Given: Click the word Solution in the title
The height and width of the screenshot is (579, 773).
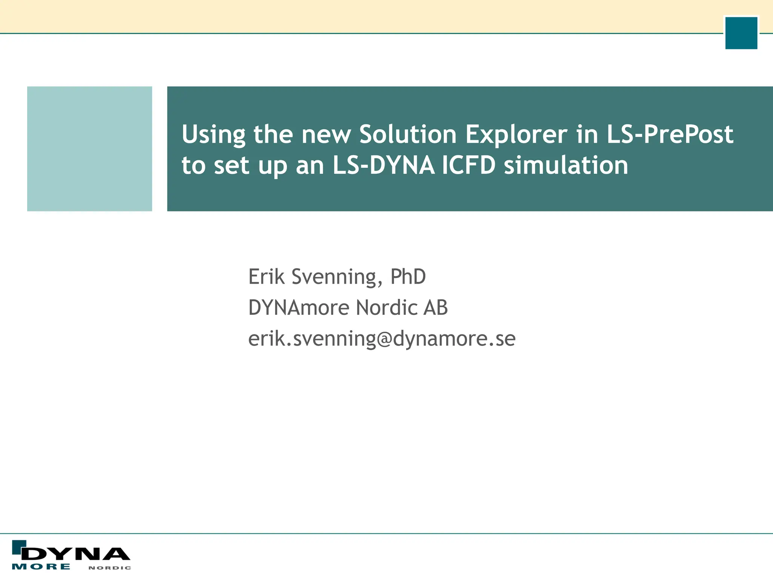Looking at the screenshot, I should [408, 135].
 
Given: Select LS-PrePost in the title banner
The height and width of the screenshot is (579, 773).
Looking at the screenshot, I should [670, 135].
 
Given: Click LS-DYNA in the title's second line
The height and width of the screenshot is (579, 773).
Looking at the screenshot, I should [383, 165].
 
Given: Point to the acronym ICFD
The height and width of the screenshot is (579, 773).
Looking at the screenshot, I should [468, 165].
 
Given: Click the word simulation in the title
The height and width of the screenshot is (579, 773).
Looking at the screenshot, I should [566, 165].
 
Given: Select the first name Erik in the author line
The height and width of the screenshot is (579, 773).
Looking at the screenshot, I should [266, 277].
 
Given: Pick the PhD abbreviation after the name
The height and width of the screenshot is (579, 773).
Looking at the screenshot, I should [408, 277].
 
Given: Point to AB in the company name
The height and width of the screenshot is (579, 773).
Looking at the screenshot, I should [436, 308].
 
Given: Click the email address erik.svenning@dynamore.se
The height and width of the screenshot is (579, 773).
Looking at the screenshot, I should [382, 339].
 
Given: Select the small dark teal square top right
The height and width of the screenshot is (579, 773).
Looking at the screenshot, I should [741, 33].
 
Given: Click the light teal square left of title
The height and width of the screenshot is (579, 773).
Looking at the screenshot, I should [89, 149].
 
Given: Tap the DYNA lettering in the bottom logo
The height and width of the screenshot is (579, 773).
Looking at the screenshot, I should [75, 554].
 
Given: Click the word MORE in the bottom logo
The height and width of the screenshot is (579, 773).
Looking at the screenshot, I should [41, 567].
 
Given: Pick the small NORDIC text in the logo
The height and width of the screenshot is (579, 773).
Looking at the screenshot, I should [110, 568].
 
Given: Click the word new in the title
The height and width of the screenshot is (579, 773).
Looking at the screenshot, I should [326, 135].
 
